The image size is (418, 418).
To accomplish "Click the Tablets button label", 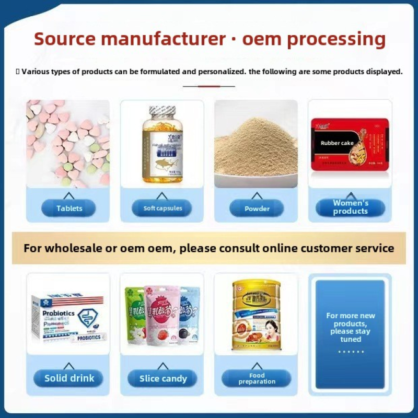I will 69,208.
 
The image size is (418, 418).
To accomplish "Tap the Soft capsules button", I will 162,208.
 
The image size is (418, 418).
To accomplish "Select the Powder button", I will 257,208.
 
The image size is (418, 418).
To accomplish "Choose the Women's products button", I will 350,207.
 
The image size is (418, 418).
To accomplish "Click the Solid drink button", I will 69,378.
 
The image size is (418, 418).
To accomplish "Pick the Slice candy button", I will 162,379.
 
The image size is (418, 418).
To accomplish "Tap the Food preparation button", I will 257,378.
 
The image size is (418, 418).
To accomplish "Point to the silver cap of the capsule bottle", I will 161,112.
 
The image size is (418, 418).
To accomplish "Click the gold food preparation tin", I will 256,315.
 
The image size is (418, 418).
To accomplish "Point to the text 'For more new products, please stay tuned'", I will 350,327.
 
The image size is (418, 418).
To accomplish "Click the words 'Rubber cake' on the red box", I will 337,143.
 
